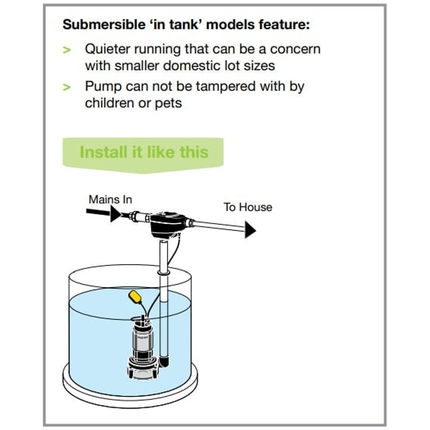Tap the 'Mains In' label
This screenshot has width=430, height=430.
[110, 199]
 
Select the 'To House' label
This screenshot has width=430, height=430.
[248, 207]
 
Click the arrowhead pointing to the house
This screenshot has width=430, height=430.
[250, 230]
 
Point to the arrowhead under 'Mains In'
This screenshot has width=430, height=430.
[115, 214]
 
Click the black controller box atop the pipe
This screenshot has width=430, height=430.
[167, 223]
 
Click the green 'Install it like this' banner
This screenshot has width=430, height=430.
[143, 152]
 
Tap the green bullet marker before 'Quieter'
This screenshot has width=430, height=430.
[66, 50]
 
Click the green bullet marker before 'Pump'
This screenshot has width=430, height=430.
[66, 87]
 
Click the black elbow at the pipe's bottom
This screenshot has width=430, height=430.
[165, 361]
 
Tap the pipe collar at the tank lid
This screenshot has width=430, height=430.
[164, 273]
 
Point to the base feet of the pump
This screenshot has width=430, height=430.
[142, 372]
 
